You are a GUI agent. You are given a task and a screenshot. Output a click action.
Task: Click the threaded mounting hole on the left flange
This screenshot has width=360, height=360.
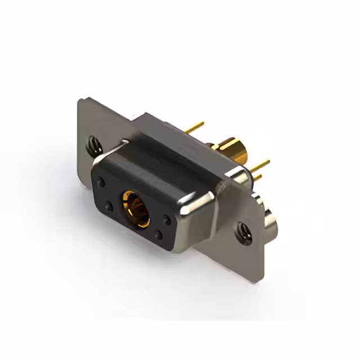[94, 145]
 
